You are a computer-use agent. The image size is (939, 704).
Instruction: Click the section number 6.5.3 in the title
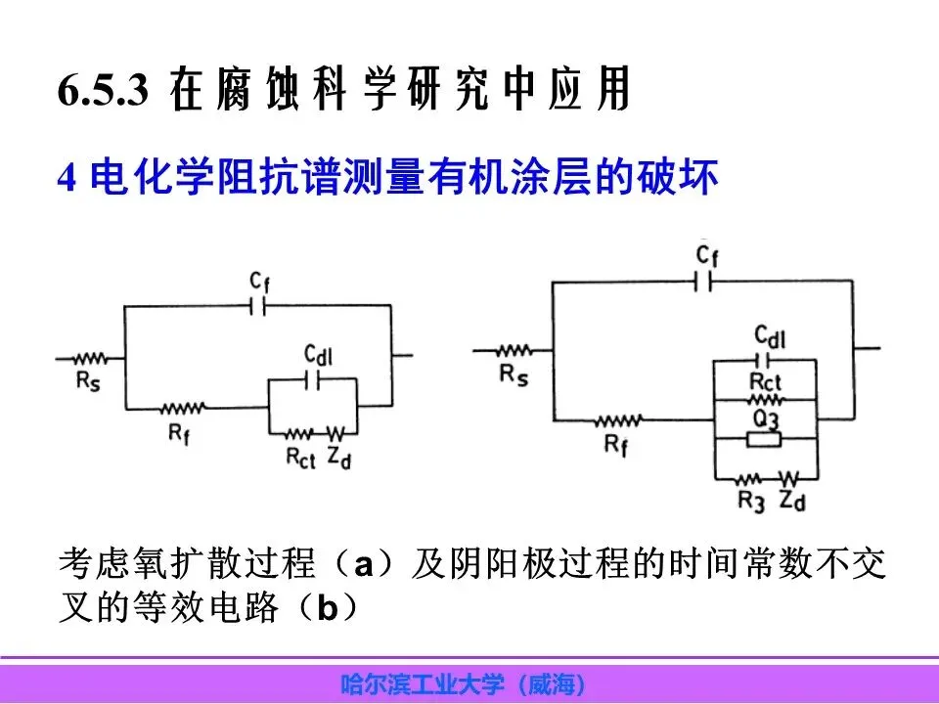point(103,92)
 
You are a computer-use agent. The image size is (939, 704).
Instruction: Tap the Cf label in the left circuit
point(258,282)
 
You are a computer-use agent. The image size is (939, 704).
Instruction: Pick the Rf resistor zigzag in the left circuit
point(182,406)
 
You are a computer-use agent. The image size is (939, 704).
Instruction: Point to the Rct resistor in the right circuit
point(764,400)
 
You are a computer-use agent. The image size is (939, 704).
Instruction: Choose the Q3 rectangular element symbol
point(763,440)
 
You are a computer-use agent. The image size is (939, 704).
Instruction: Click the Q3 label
point(765,420)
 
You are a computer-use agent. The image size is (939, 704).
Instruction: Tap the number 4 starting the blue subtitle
point(67,180)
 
